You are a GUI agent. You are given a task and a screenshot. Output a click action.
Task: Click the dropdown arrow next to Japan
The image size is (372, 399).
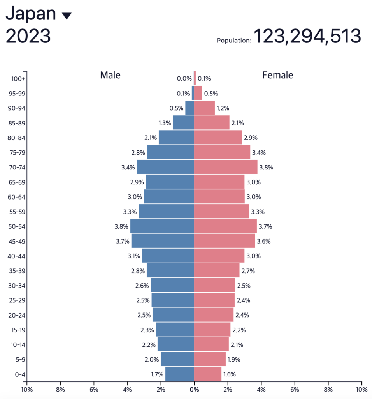[67, 16]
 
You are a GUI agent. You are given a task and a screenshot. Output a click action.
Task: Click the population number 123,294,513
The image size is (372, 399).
[307, 37]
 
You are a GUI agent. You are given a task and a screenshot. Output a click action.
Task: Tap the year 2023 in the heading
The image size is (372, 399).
[28, 37]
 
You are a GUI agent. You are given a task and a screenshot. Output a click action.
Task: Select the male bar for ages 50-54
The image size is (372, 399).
[162, 226]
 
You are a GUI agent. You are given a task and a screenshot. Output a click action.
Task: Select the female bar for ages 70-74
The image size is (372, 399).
[226, 167]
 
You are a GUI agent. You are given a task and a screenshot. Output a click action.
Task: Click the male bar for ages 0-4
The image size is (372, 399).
[179, 374]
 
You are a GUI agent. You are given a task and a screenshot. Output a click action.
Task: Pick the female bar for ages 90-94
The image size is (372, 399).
[204, 108]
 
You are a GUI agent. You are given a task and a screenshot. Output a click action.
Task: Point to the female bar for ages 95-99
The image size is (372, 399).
[198, 93]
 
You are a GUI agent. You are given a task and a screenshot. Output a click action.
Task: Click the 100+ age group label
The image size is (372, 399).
[18, 79]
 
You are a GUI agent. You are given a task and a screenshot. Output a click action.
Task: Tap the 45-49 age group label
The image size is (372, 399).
[17, 241]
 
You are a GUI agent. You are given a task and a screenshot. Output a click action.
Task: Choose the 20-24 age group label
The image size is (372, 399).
[17, 315]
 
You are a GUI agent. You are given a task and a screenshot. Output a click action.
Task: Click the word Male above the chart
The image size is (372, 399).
[111, 75]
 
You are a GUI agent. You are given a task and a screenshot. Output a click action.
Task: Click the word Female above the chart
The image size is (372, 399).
[278, 75]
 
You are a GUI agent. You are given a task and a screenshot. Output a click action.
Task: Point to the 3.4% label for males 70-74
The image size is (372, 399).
[128, 168]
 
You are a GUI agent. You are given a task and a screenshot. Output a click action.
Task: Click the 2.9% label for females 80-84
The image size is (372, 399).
[251, 138]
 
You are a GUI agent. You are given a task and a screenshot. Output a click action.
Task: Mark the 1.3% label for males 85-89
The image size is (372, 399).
[165, 123]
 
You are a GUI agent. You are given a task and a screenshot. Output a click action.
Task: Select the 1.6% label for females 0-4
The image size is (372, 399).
[230, 374]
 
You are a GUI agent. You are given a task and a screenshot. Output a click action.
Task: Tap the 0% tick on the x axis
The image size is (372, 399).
[194, 389]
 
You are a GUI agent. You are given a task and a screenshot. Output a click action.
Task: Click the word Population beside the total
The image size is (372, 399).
[234, 40]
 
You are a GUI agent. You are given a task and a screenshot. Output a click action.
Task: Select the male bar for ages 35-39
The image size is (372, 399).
[170, 271]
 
